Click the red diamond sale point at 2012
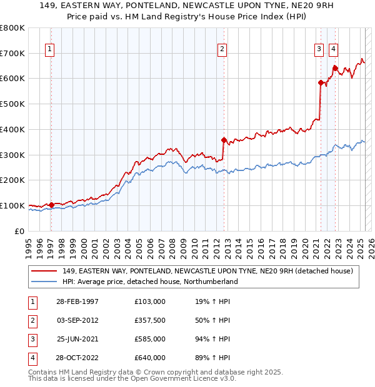(x=223, y=140)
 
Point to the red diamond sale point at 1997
(x=52, y=205)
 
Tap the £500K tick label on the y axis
(x=12, y=104)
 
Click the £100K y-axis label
(x=12, y=205)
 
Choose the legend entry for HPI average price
(x=150, y=282)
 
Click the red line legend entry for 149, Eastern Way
(x=207, y=271)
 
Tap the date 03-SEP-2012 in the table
(x=77, y=320)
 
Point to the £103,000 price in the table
(x=150, y=301)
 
